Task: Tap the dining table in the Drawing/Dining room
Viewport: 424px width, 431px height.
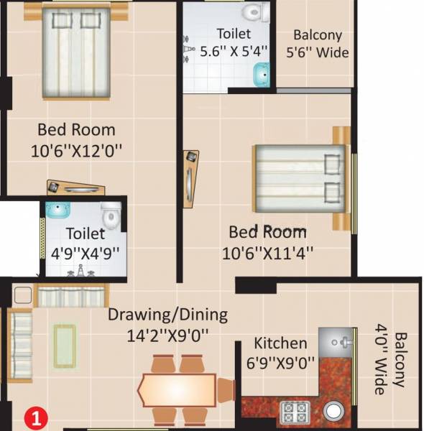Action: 177,389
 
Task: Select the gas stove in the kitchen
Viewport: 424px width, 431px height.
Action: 295,412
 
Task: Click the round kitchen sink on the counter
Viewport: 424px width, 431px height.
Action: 334,412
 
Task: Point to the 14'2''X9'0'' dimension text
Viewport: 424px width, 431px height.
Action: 167,334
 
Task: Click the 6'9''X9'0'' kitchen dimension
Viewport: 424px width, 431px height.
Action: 280,363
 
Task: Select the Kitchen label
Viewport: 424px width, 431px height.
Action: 280,343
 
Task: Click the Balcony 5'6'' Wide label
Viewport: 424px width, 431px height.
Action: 317,43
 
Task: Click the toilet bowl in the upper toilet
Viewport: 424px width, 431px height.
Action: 252,12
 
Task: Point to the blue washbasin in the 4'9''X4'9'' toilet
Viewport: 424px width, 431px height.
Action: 56,210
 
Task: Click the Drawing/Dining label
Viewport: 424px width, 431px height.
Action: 167,315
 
